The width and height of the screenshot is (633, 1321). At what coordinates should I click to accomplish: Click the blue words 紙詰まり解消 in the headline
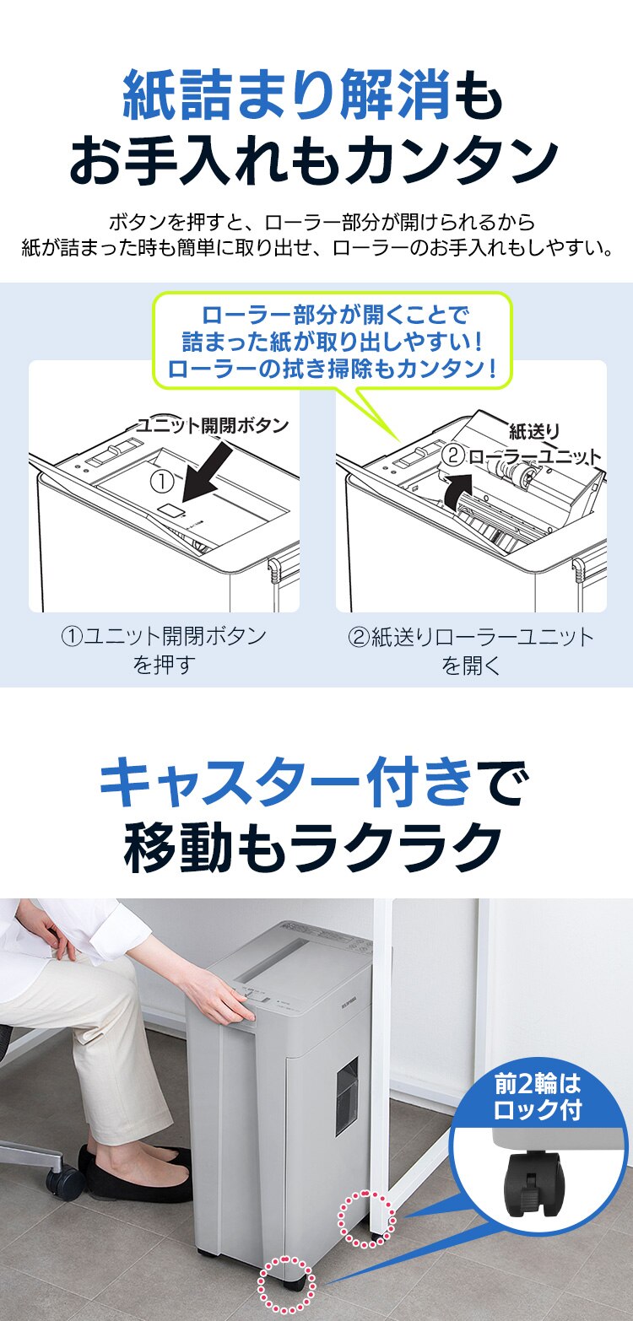pos(286,94)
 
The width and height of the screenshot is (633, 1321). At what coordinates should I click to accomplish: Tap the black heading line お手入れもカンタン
pos(314,159)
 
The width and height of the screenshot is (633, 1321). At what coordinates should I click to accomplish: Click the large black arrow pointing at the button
pos(207,472)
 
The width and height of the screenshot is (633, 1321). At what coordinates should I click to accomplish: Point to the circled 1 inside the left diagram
pos(162,482)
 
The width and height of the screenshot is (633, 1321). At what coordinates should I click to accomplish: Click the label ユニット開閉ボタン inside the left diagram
pos(213,425)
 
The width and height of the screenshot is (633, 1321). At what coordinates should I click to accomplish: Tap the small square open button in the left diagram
pos(171,510)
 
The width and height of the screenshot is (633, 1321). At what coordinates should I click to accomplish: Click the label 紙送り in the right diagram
pos(534,432)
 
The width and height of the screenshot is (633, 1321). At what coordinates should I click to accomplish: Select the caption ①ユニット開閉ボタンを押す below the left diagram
pos(164,650)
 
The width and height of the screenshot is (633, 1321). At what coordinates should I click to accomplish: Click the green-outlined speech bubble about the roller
pos(333,342)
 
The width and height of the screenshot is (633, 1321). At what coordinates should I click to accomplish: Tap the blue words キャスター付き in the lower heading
pos(285,784)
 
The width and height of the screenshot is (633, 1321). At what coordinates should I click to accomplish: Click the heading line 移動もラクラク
pos(312,848)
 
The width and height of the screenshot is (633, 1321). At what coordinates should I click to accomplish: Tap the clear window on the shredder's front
pos(347,1095)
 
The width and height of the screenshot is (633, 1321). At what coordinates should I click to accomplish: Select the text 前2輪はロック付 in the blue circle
pos(538,1097)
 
